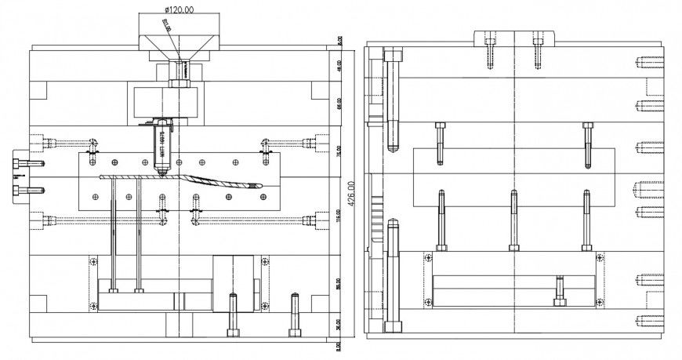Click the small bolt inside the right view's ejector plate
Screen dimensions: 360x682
click(x=559, y=290)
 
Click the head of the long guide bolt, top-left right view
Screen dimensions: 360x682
click(x=394, y=54)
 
